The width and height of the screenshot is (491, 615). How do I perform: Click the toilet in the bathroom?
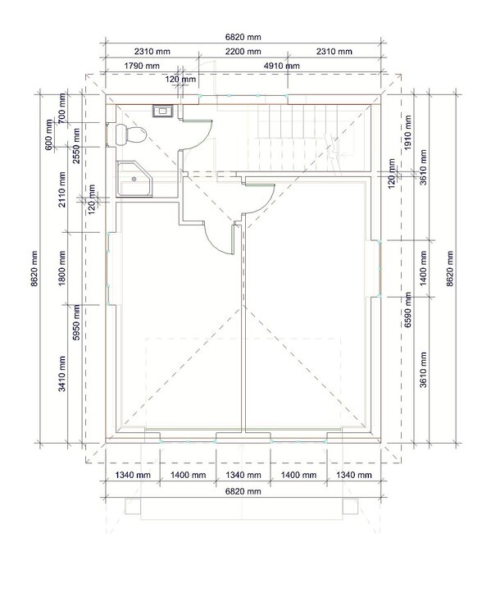click(x=131, y=134)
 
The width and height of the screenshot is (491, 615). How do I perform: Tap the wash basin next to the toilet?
click(x=162, y=111)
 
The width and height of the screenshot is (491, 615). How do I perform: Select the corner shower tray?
click(x=135, y=179)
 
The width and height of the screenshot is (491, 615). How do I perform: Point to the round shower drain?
click(x=134, y=179)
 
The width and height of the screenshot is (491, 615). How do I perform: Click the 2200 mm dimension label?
click(x=243, y=52)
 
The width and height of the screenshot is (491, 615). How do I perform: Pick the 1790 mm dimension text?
click(x=142, y=66)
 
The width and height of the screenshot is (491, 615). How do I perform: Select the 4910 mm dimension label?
click(x=282, y=66)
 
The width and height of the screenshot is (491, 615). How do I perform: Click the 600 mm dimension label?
click(x=49, y=134)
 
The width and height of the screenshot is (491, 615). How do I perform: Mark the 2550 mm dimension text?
click(x=76, y=145)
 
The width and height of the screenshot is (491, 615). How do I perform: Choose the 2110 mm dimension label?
click(x=62, y=189)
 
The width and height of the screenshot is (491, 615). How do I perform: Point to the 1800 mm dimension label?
click(x=62, y=268)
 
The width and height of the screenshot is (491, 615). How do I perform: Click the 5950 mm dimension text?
click(x=76, y=322)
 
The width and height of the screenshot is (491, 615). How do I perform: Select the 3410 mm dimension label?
click(x=62, y=374)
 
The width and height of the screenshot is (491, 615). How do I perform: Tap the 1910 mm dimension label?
click(x=408, y=133)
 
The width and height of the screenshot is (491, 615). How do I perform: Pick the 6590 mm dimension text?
click(x=408, y=309)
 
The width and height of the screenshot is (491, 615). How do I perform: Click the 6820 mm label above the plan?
click(x=243, y=37)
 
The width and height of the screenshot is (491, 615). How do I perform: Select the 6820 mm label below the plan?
click(x=243, y=491)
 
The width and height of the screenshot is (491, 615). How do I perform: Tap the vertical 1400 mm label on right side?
click(x=423, y=269)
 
